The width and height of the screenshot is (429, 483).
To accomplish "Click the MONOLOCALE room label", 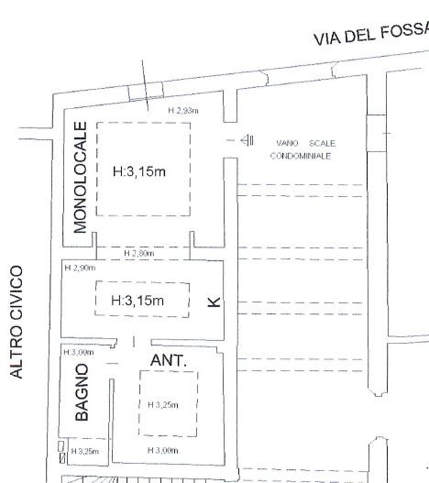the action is tap(81, 178).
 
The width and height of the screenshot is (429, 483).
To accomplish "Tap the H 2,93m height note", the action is tap(183, 111).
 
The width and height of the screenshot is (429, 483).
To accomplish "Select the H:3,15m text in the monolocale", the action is tap(139, 171).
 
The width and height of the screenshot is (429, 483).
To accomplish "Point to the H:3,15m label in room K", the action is tap(137, 301).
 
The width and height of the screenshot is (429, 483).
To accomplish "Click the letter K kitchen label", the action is tap(214, 302).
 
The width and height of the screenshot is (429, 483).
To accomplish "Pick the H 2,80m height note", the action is tap(139, 253).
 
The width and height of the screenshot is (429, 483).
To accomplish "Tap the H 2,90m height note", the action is tap(80, 268).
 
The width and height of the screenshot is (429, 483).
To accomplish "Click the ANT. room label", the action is tap(169, 360).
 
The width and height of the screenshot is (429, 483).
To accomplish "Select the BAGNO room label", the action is tap(82, 392).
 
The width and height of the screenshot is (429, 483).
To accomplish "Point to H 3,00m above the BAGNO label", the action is tap(79, 352).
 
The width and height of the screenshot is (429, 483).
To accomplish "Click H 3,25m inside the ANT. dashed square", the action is tap(163, 405).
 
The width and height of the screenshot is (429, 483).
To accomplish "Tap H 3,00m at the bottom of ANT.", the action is tap(163, 451).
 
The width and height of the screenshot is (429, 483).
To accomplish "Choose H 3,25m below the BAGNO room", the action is tap(85, 452).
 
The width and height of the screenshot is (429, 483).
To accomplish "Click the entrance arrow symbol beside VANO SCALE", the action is tap(247, 141).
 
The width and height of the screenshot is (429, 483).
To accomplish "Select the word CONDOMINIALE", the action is tap(301, 156).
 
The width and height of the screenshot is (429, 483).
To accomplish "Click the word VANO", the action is tap(287, 143).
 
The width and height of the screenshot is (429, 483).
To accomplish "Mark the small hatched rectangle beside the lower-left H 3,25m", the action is tap(62, 458).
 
